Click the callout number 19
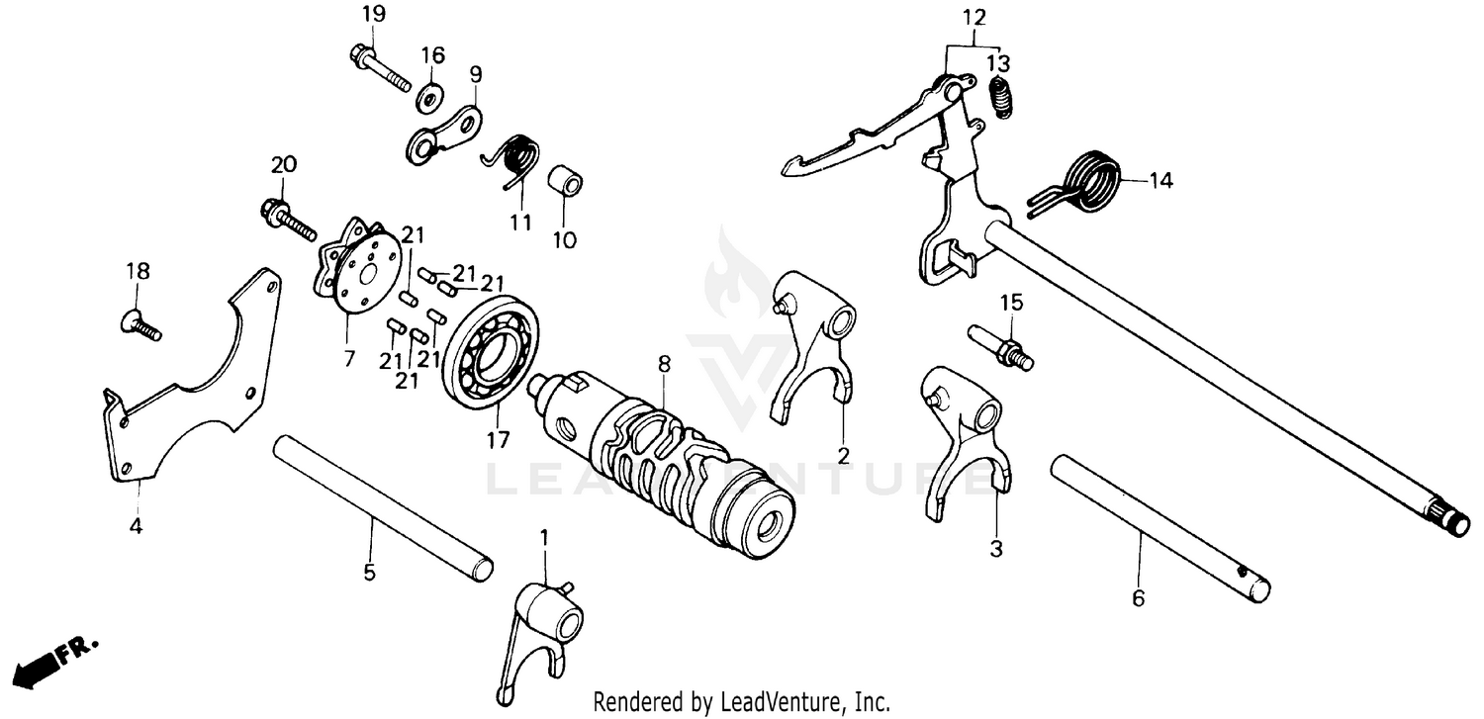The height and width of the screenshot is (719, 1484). (x=373, y=14)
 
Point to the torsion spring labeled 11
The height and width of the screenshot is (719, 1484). (x=515, y=159)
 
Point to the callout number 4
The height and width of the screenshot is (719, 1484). (x=136, y=526)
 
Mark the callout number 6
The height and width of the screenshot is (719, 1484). (x=1138, y=598)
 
